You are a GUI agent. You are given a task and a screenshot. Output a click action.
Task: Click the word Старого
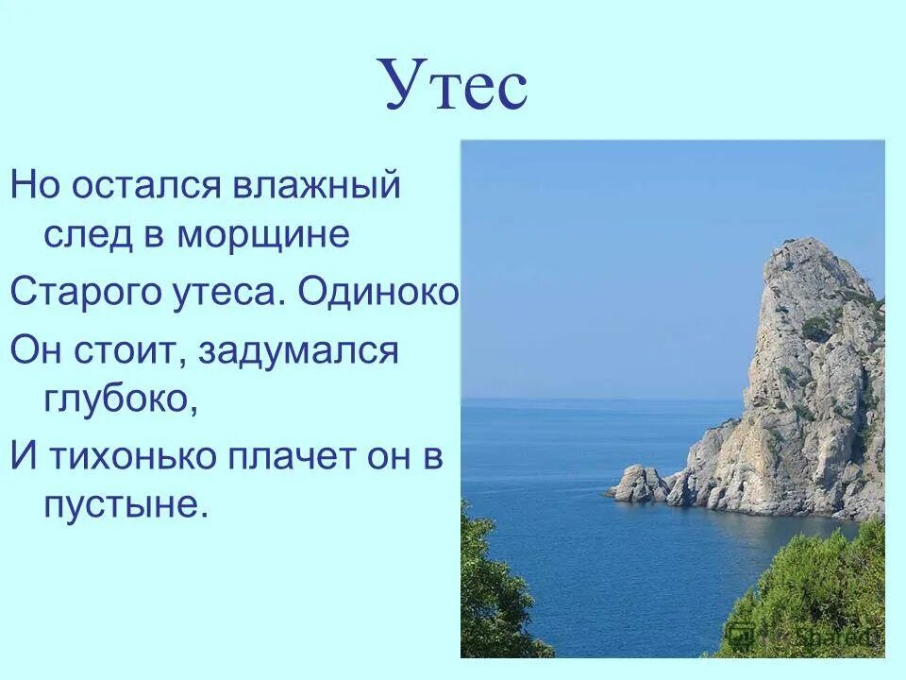[x=73, y=294]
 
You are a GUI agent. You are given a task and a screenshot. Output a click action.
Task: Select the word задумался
[x=299, y=352]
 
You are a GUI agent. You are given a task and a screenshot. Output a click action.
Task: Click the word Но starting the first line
[x=36, y=184]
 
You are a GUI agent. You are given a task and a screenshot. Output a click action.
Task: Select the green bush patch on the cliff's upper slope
[x=817, y=327]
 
